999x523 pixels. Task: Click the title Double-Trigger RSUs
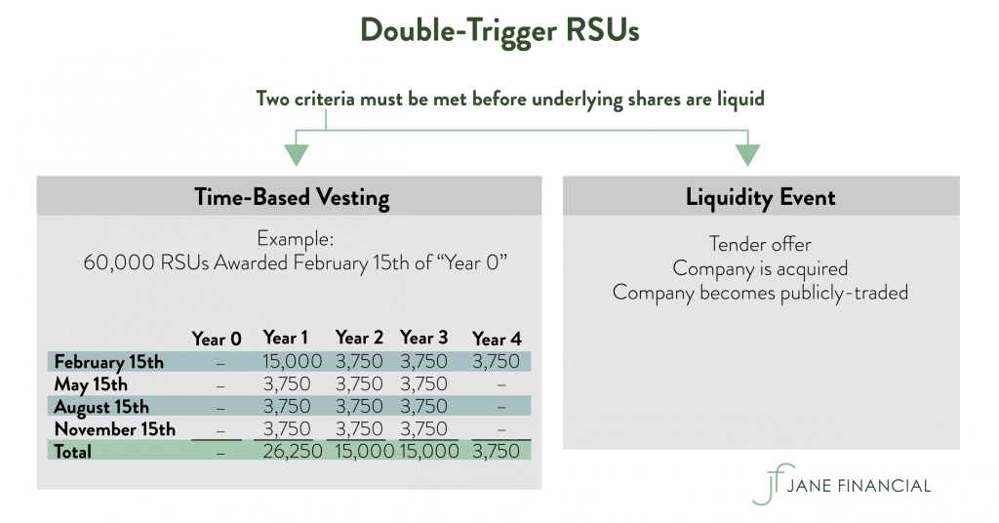[x=499, y=31]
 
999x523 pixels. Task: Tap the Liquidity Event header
[x=760, y=197]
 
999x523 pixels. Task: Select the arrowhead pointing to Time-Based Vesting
[x=296, y=154]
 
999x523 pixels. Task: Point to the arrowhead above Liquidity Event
[x=747, y=154]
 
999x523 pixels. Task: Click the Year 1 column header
[x=285, y=338]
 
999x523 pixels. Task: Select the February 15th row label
[x=109, y=362]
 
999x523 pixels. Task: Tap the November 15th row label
[x=115, y=429]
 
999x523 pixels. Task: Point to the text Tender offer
[x=760, y=244]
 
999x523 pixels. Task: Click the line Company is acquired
[x=760, y=267]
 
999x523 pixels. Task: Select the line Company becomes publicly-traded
[x=760, y=292]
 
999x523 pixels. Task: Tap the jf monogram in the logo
[x=770, y=484]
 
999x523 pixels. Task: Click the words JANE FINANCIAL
[x=862, y=485]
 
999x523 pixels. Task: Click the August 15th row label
[x=101, y=407]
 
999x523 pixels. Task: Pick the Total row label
[x=73, y=452]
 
